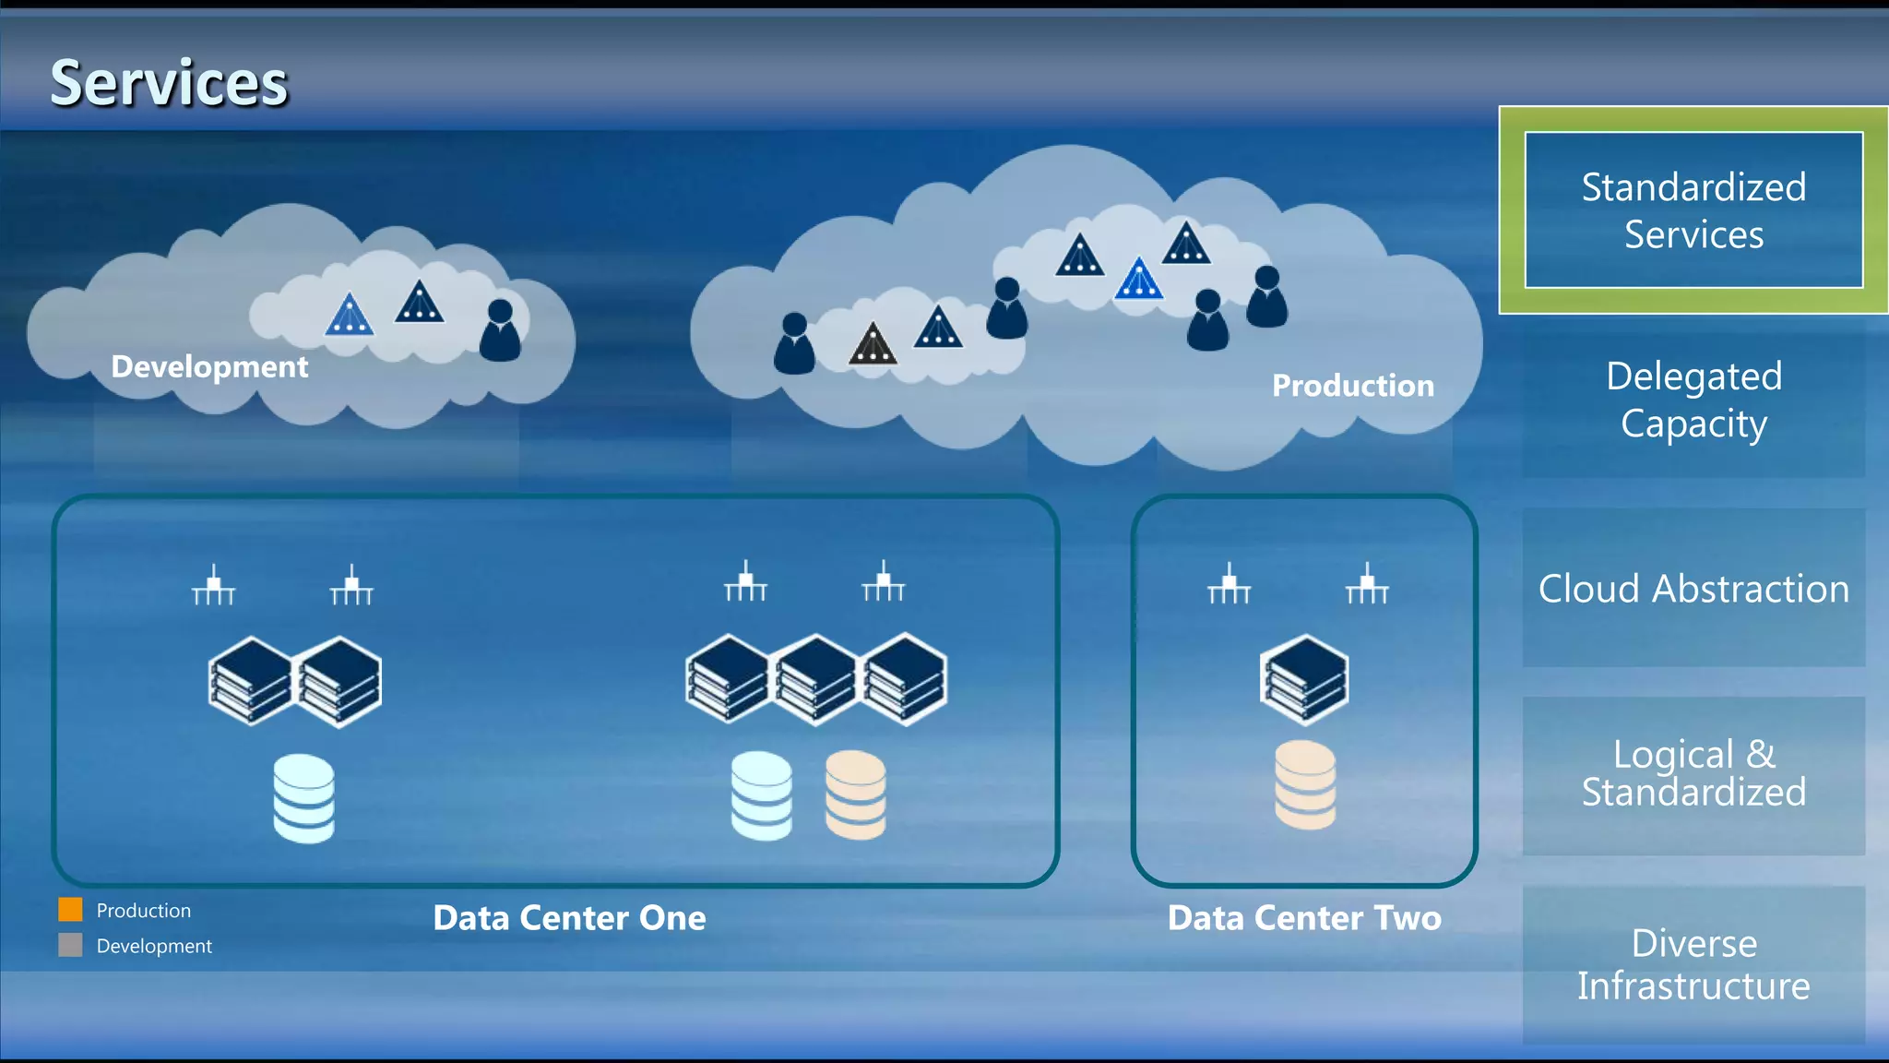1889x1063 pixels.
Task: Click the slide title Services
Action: coord(169,83)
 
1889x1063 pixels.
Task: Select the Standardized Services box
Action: coord(1693,210)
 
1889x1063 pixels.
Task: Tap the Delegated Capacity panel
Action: coord(1693,400)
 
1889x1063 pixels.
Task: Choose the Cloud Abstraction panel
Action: coord(1693,589)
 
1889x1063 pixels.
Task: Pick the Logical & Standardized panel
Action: coord(1693,773)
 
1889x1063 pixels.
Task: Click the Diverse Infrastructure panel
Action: coord(1693,964)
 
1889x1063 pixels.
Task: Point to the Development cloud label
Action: coord(209,367)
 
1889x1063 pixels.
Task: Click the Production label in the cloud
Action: coord(1352,386)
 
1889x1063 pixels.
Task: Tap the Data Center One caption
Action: coord(569,918)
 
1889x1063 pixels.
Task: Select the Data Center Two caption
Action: coord(1303,918)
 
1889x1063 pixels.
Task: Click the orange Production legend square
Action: coord(71,910)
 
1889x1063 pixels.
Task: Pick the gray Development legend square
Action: coord(71,945)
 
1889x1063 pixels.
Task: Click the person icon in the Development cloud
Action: coord(500,331)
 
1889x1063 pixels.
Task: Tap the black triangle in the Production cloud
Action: coord(873,345)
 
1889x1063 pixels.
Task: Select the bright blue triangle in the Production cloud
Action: coord(1138,281)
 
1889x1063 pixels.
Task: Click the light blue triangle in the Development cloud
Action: coord(350,317)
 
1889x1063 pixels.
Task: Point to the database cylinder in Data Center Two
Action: coord(1304,785)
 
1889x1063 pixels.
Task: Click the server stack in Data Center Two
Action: coord(1304,680)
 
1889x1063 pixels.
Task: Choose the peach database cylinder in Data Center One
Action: coord(855,795)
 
